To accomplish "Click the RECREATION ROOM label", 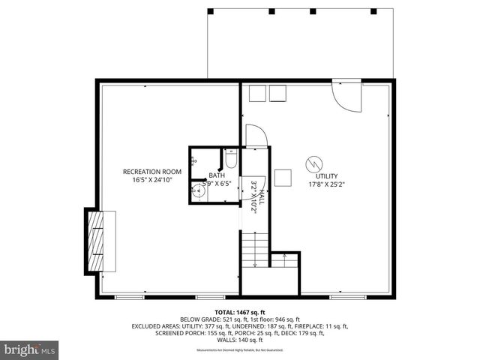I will pyautogui.click(x=153, y=172).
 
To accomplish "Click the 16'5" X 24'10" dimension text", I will pyautogui.click(x=153, y=180).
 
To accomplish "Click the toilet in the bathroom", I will pyautogui.click(x=231, y=160).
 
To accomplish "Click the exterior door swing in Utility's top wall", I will pyautogui.click(x=346, y=94).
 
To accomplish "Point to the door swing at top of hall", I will pyautogui.click(x=255, y=136).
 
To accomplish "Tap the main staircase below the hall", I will pyautogui.click(x=254, y=250).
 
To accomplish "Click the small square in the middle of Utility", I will pyautogui.click(x=283, y=177).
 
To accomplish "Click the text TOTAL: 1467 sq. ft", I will pyautogui.click(x=240, y=311).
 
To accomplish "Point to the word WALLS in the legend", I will pyautogui.click(x=223, y=340).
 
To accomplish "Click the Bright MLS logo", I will pyautogui.click(x=30, y=349).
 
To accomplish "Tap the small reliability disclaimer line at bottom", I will pyautogui.click(x=240, y=350).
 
